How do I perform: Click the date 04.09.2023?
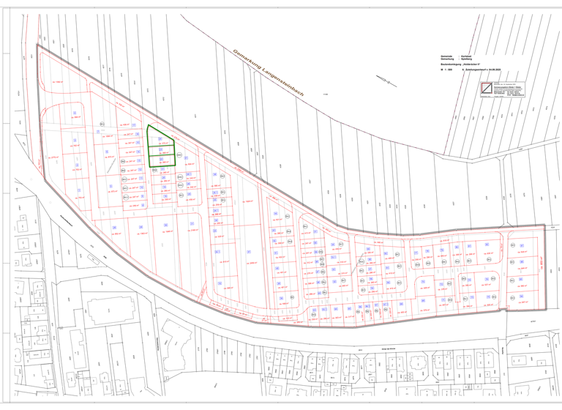pos(509,72)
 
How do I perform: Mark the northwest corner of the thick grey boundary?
pos(37,45)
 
